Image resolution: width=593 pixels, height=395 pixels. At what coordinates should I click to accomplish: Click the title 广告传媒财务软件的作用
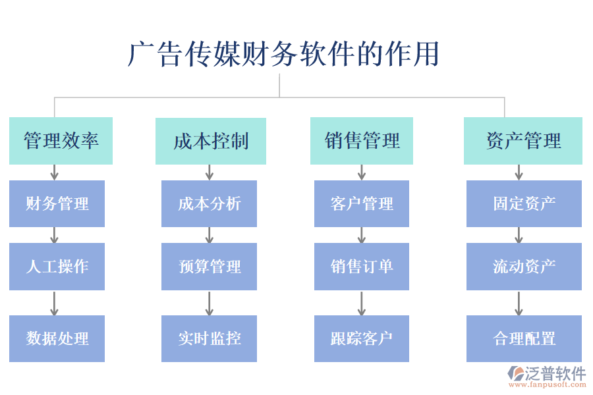pos(283,54)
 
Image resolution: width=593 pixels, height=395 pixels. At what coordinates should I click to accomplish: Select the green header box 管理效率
pos(61,141)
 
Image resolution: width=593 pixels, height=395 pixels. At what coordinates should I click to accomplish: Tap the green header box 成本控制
pos(211,141)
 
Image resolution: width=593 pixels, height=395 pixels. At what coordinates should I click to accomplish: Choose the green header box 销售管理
pos(362,141)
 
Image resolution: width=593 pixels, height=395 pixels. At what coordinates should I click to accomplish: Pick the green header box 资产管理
pos(523,141)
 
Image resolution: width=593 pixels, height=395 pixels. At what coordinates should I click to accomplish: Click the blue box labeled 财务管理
pos(57,203)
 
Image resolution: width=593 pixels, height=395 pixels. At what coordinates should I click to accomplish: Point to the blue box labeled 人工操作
pos(57,267)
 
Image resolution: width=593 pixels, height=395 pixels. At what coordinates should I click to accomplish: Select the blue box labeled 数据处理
pos(57,338)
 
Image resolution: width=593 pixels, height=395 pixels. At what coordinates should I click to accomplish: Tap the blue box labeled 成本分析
pos(209,203)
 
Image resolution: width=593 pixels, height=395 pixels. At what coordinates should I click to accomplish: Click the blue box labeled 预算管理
pos(209,267)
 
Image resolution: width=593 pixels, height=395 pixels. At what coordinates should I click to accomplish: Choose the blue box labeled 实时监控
pos(209,338)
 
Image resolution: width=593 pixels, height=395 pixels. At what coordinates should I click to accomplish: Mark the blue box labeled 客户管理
pos(362,203)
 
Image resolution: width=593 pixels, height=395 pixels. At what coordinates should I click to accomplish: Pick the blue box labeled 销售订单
pos(362,267)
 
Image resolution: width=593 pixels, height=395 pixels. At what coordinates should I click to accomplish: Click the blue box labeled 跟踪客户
pos(362,338)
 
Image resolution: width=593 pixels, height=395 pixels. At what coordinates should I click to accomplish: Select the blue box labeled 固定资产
pos(524,203)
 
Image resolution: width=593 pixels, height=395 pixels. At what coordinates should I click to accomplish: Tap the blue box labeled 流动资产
pos(524,267)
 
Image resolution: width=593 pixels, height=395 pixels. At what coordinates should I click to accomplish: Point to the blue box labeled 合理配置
pos(524,338)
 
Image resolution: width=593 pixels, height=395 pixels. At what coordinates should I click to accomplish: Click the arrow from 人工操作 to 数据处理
pos(55,303)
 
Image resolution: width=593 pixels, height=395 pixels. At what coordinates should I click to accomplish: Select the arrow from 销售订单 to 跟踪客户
pos(362,303)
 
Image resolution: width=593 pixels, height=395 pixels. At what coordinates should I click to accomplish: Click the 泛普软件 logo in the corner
pos(546,377)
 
